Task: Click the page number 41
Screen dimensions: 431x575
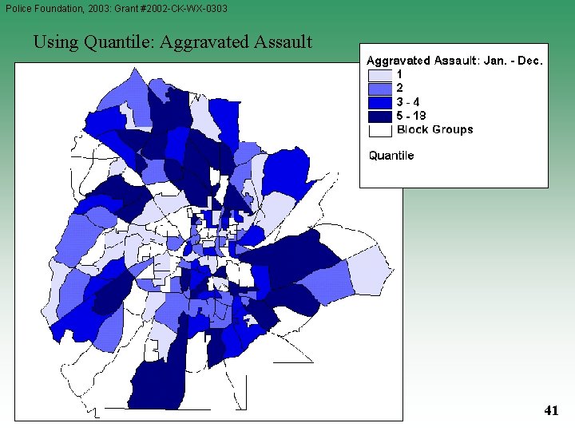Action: (550, 411)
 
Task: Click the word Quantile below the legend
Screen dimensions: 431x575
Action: (391, 156)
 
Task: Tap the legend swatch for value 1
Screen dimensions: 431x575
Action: (380, 75)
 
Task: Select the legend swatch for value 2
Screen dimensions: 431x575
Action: (380, 89)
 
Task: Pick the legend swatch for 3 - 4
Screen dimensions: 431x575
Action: (380, 102)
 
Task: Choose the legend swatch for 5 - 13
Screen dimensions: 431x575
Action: (380, 116)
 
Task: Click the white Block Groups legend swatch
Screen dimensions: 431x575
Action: (380, 129)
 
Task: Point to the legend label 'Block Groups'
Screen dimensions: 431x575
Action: (434, 129)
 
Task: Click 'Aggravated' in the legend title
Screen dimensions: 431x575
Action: (398, 61)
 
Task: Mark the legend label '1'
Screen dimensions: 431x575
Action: (400, 75)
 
